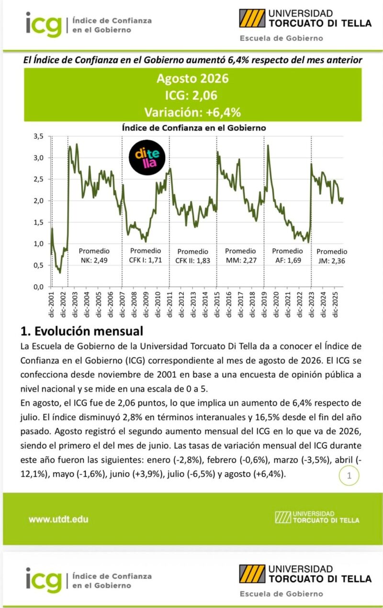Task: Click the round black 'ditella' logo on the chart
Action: click(x=147, y=157)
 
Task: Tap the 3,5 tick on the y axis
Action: click(x=39, y=136)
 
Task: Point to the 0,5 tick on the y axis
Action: click(x=39, y=265)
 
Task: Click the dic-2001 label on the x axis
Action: click(x=51, y=305)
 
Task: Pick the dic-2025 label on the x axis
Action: click(x=335, y=305)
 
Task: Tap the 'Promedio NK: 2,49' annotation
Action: click(x=94, y=255)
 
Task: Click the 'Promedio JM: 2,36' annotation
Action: click(x=332, y=256)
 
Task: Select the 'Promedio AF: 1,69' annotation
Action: click(x=287, y=255)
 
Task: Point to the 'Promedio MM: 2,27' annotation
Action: click(x=240, y=255)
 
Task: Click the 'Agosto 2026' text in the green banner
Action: click(x=192, y=78)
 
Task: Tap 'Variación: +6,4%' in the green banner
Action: click(x=192, y=112)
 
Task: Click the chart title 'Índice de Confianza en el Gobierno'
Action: click(x=194, y=128)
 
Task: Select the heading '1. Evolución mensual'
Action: click(x=82, y=331)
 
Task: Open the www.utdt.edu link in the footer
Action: click(x=58, y=519)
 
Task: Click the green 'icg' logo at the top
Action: click(x=44, y=24)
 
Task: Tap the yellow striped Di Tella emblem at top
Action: click(x=252, y=18)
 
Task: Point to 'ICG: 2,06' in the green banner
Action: click(x=191, y=95)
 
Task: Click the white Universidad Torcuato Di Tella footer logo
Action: click(x=317, y=517)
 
